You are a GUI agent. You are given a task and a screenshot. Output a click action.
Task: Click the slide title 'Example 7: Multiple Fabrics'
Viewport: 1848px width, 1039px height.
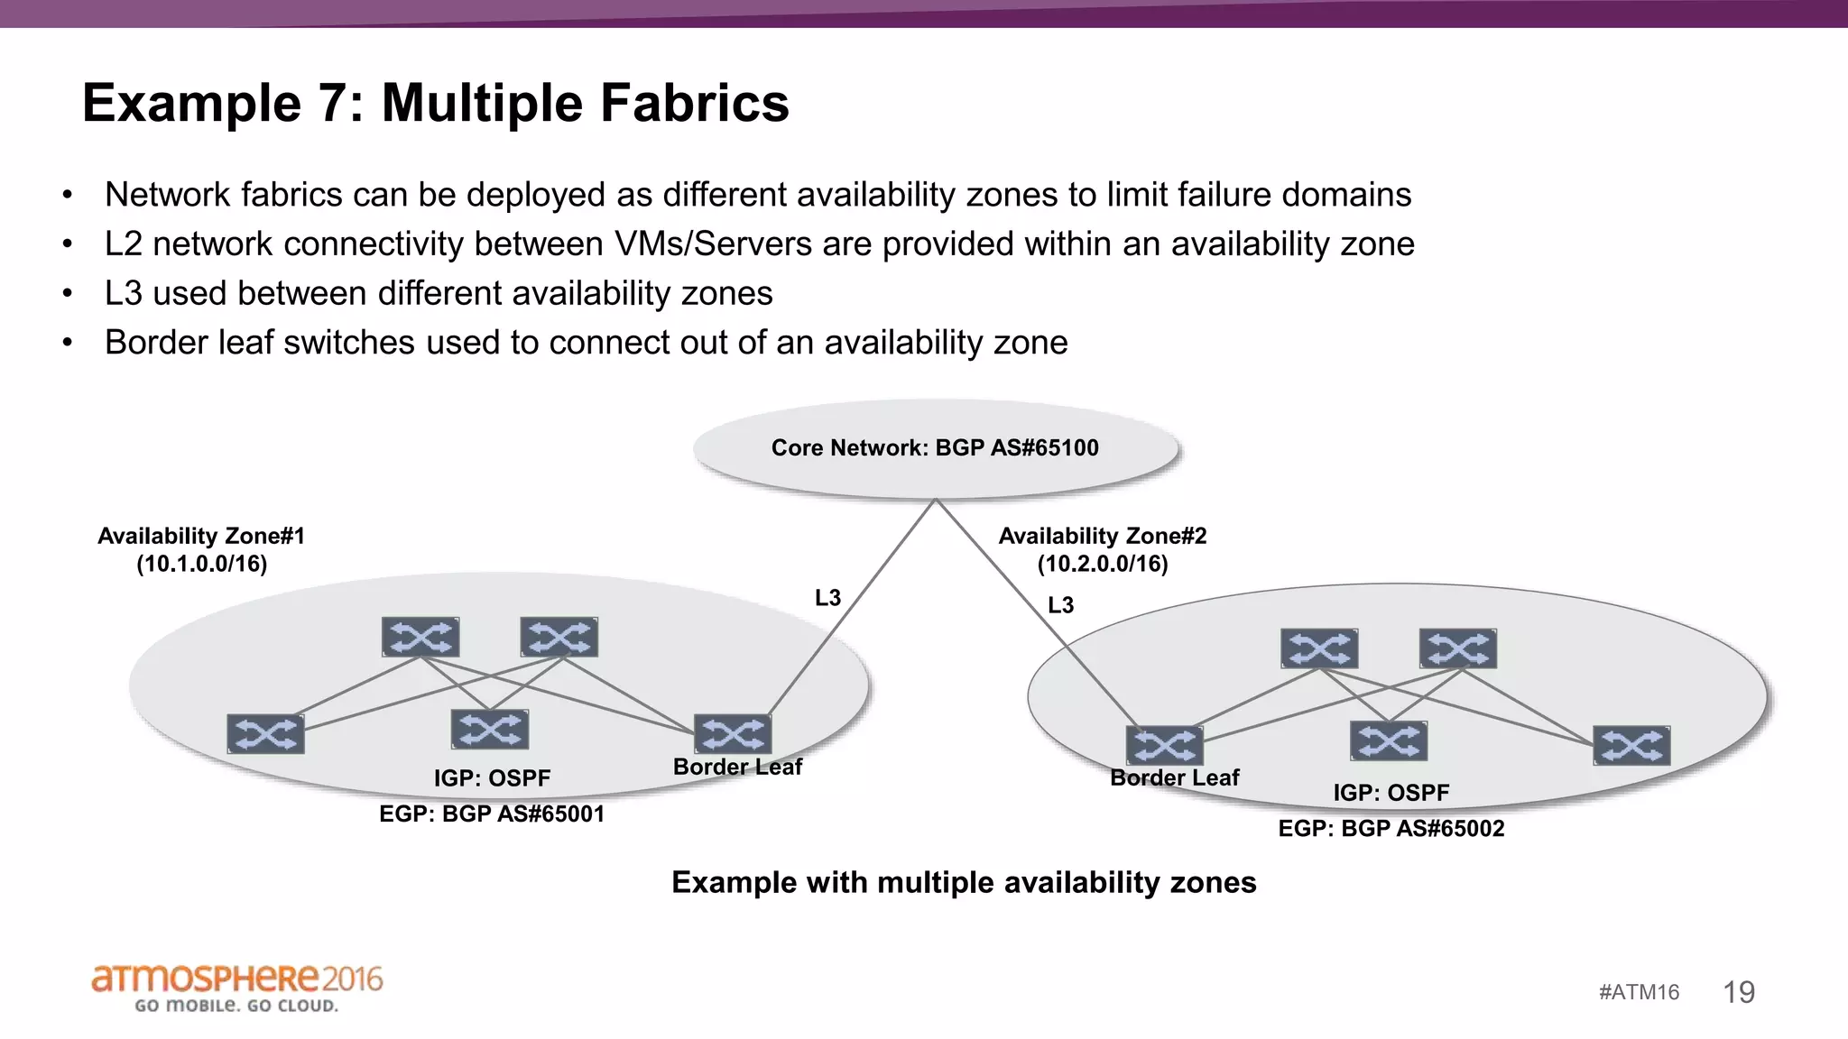pos(435,103)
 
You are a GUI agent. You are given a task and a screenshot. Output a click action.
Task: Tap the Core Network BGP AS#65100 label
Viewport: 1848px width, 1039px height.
pos(935,448)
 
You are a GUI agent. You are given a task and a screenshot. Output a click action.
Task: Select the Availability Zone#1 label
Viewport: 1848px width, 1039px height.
pos(201,536)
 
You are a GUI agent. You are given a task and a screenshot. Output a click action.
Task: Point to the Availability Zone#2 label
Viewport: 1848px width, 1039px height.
pos(1102,536)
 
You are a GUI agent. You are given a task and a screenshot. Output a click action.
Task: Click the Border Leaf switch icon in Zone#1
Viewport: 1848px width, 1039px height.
pos(733,734)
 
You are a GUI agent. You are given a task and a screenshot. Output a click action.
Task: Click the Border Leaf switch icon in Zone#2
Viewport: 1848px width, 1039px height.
pos(1164,745)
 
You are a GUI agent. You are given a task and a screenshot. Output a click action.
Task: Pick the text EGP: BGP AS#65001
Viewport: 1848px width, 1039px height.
pos(492,814)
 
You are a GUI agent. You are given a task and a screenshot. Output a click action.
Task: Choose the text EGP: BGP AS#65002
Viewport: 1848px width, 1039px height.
pos(1391,828)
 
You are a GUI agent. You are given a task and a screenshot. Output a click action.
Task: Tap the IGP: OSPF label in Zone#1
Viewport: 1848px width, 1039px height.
pos(492,777)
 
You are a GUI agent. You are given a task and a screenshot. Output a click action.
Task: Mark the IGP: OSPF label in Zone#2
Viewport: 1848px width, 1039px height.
pos(1391,793)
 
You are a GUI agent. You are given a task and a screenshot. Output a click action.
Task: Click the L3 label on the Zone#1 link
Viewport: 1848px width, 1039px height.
pos(827,598)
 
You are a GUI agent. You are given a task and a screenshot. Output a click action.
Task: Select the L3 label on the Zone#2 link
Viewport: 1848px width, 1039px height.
pos(1060,605)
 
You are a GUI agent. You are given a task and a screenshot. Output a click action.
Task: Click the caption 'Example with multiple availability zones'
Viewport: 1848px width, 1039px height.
pos(964,882)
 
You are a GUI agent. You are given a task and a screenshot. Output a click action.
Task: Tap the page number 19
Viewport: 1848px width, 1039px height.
pos(1739,992)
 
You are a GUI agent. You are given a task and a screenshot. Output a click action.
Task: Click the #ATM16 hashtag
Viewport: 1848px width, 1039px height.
pos(1639,992)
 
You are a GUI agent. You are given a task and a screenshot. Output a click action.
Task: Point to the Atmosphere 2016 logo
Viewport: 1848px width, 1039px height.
pos(237,988)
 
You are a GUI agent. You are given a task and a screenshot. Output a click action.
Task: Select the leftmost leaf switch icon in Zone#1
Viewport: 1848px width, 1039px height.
pos(265,734)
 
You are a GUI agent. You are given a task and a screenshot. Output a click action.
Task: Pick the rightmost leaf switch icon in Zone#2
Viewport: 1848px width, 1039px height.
pos(1631,746)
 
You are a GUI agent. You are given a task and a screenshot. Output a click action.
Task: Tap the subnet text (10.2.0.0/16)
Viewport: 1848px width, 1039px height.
pos(1102,565)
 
